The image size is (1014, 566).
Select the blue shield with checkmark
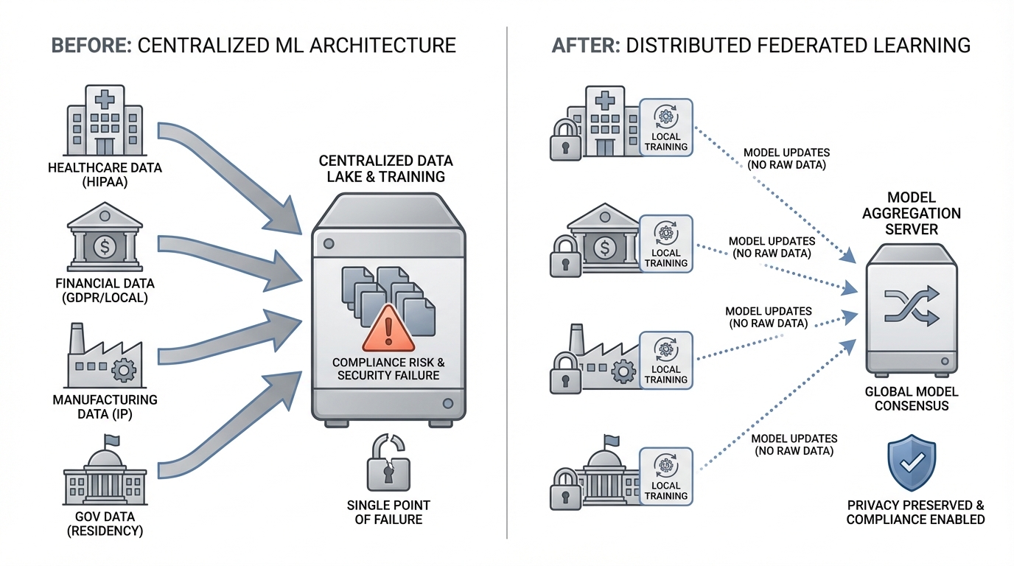(x=912, y=462)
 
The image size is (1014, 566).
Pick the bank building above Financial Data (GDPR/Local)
(x=105, y=240)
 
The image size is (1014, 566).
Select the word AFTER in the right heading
(x=584, y=45)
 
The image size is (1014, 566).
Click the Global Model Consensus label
(x=906, y=399)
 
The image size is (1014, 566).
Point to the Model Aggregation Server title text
(x=912, y=213)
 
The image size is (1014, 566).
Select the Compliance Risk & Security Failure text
(x=388, y=369)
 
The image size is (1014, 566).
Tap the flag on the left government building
(x=112, y=440)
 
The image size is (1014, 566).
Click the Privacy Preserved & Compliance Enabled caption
(x=915, y=512)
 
